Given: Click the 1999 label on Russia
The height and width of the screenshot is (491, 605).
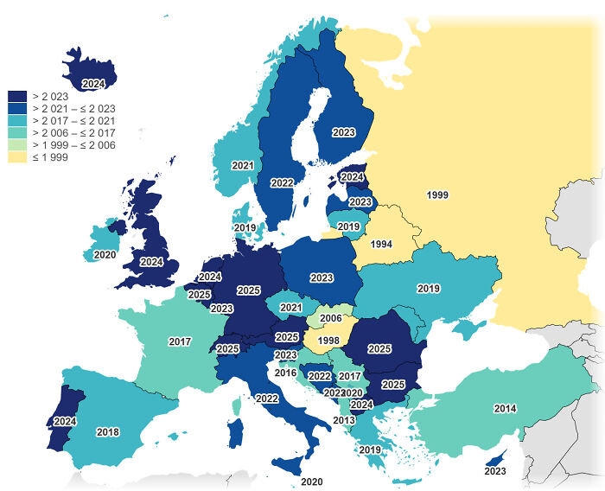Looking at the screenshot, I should point(437,195).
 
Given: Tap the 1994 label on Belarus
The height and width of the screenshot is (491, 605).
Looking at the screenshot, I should point(381,245).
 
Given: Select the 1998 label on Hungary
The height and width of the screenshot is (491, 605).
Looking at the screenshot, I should point(328,341).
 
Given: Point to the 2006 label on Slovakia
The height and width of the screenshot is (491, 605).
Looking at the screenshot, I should point(331,318).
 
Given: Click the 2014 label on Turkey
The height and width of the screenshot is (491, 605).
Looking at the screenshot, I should point(506,408).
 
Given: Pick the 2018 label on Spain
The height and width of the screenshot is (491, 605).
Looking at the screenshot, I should point(108,432).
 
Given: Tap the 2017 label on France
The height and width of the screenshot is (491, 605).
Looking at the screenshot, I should point(180,342).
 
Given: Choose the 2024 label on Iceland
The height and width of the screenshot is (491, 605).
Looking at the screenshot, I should point(93,84).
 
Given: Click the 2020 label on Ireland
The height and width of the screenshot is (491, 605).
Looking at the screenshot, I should point(105,255).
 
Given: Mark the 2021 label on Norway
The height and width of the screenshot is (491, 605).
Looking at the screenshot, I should point(243,165).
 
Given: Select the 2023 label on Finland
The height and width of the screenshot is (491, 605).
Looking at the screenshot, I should point(343,132).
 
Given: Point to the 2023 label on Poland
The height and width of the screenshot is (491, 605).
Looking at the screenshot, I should point(322,277).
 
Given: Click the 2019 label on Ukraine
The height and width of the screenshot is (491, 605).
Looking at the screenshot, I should point(429,289).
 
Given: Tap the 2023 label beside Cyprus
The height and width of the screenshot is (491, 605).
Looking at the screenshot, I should point(495,471).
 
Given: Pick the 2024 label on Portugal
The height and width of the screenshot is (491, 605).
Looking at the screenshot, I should point(65,422).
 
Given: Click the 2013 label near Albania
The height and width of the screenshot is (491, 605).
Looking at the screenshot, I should point(343,420).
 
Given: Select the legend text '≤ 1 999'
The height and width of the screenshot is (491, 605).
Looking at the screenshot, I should point(49,157).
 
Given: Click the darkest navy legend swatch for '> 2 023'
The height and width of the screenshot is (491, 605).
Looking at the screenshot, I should point(17,96).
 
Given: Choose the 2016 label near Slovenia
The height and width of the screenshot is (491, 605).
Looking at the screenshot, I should point(285,373).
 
